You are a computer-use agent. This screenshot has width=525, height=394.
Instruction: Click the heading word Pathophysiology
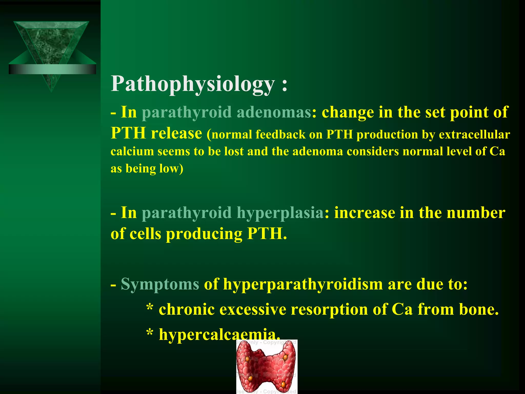click(x=193, y=84)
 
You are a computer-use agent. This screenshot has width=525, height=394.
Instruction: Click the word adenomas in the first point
click(x=274, y=112)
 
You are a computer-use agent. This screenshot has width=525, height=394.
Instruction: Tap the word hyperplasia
click(x=280, y=213)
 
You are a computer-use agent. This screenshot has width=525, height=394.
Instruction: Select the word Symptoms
click(x=160, y=284)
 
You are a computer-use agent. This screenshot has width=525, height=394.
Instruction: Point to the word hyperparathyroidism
click(x=303, y=284)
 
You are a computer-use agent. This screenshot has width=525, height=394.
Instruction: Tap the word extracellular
click(x=474, y=135)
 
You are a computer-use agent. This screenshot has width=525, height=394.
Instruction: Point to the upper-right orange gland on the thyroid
click(x=285, y=357)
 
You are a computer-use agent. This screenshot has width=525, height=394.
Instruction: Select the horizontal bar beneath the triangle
click(x=52, y=69)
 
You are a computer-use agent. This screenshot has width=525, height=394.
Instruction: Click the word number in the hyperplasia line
click(x=476, y=213)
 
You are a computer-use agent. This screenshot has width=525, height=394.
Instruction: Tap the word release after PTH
click(x=176, y=133)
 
